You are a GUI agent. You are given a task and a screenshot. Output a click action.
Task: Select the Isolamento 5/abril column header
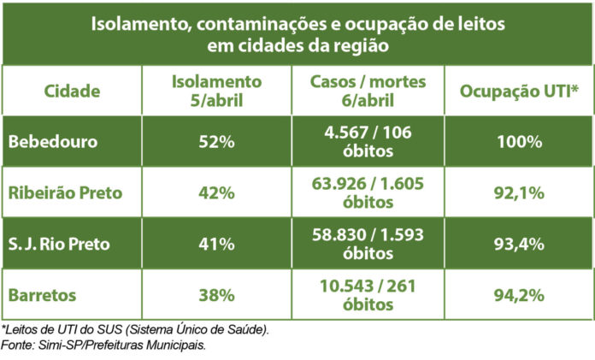(215, 91)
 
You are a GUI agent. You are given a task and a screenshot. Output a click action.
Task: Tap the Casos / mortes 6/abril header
(368, 91)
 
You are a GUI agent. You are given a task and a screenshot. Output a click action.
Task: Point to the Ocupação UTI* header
(520, 91)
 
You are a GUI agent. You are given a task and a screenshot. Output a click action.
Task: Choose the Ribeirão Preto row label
(65, 192)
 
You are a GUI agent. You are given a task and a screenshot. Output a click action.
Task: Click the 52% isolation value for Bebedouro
(215, 142)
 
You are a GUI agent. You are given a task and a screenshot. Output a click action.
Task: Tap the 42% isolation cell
(215, 192)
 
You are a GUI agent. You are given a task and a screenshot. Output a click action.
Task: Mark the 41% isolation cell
(215, 243)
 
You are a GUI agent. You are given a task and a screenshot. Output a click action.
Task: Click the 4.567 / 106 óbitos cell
(368, 142)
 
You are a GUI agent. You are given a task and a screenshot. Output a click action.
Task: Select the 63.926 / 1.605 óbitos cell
(368, 192)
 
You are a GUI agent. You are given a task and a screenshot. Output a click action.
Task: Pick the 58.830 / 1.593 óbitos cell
(368, 243)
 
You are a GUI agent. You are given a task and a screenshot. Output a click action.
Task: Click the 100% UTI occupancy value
(520, 142)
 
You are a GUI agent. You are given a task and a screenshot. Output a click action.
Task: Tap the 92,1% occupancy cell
(520, 192)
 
